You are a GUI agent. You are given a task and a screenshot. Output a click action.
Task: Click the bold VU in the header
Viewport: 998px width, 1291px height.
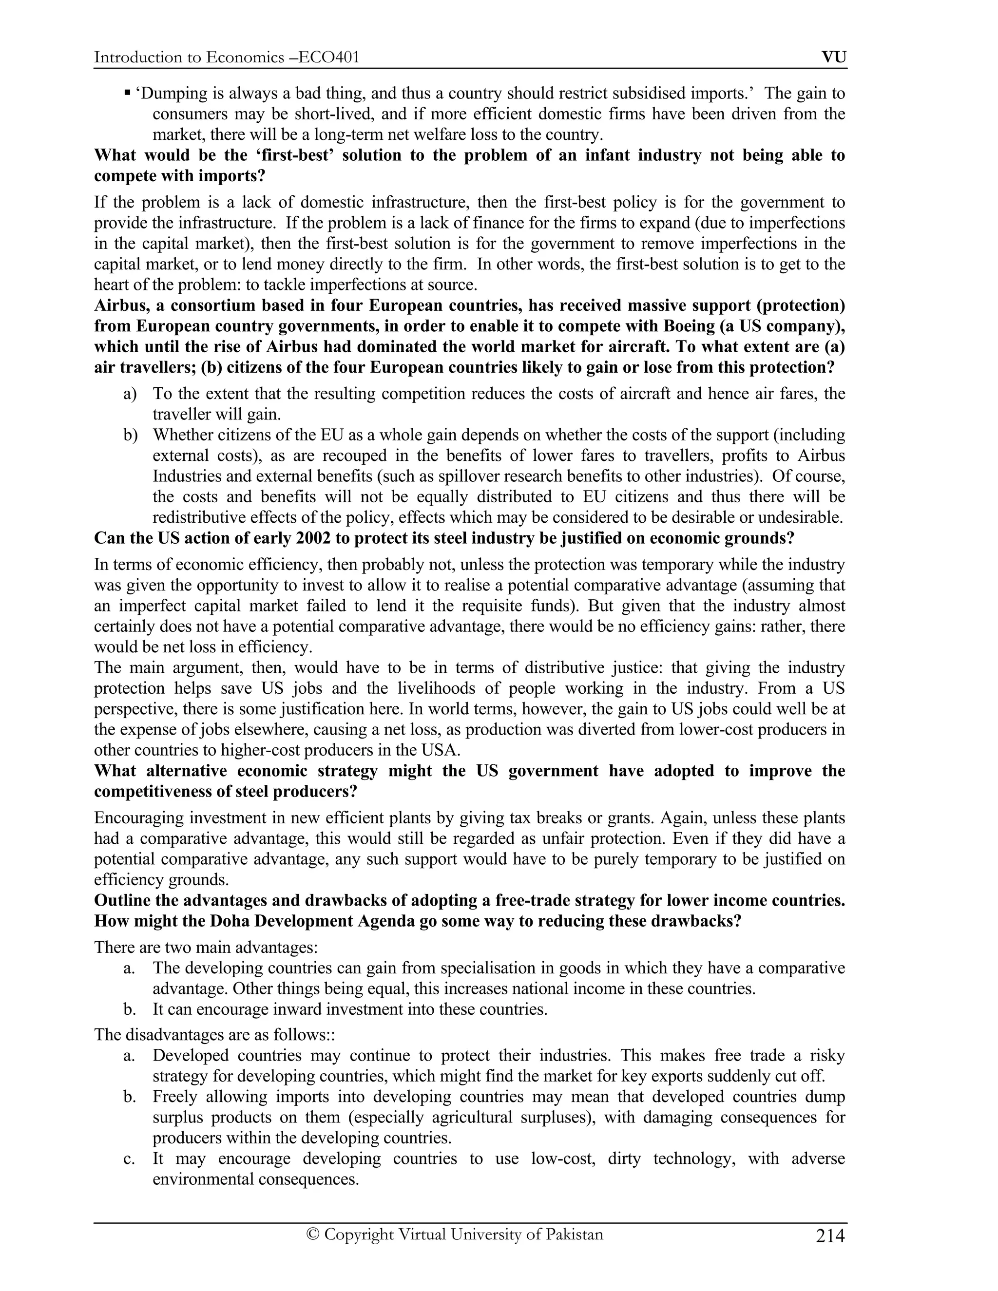click(x=834, y=57)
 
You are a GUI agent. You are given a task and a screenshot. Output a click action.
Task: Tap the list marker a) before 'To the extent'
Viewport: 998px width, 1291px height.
click(x=130, y=394)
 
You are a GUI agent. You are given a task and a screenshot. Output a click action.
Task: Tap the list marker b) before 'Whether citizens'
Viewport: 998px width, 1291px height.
click(x=130, y=435)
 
